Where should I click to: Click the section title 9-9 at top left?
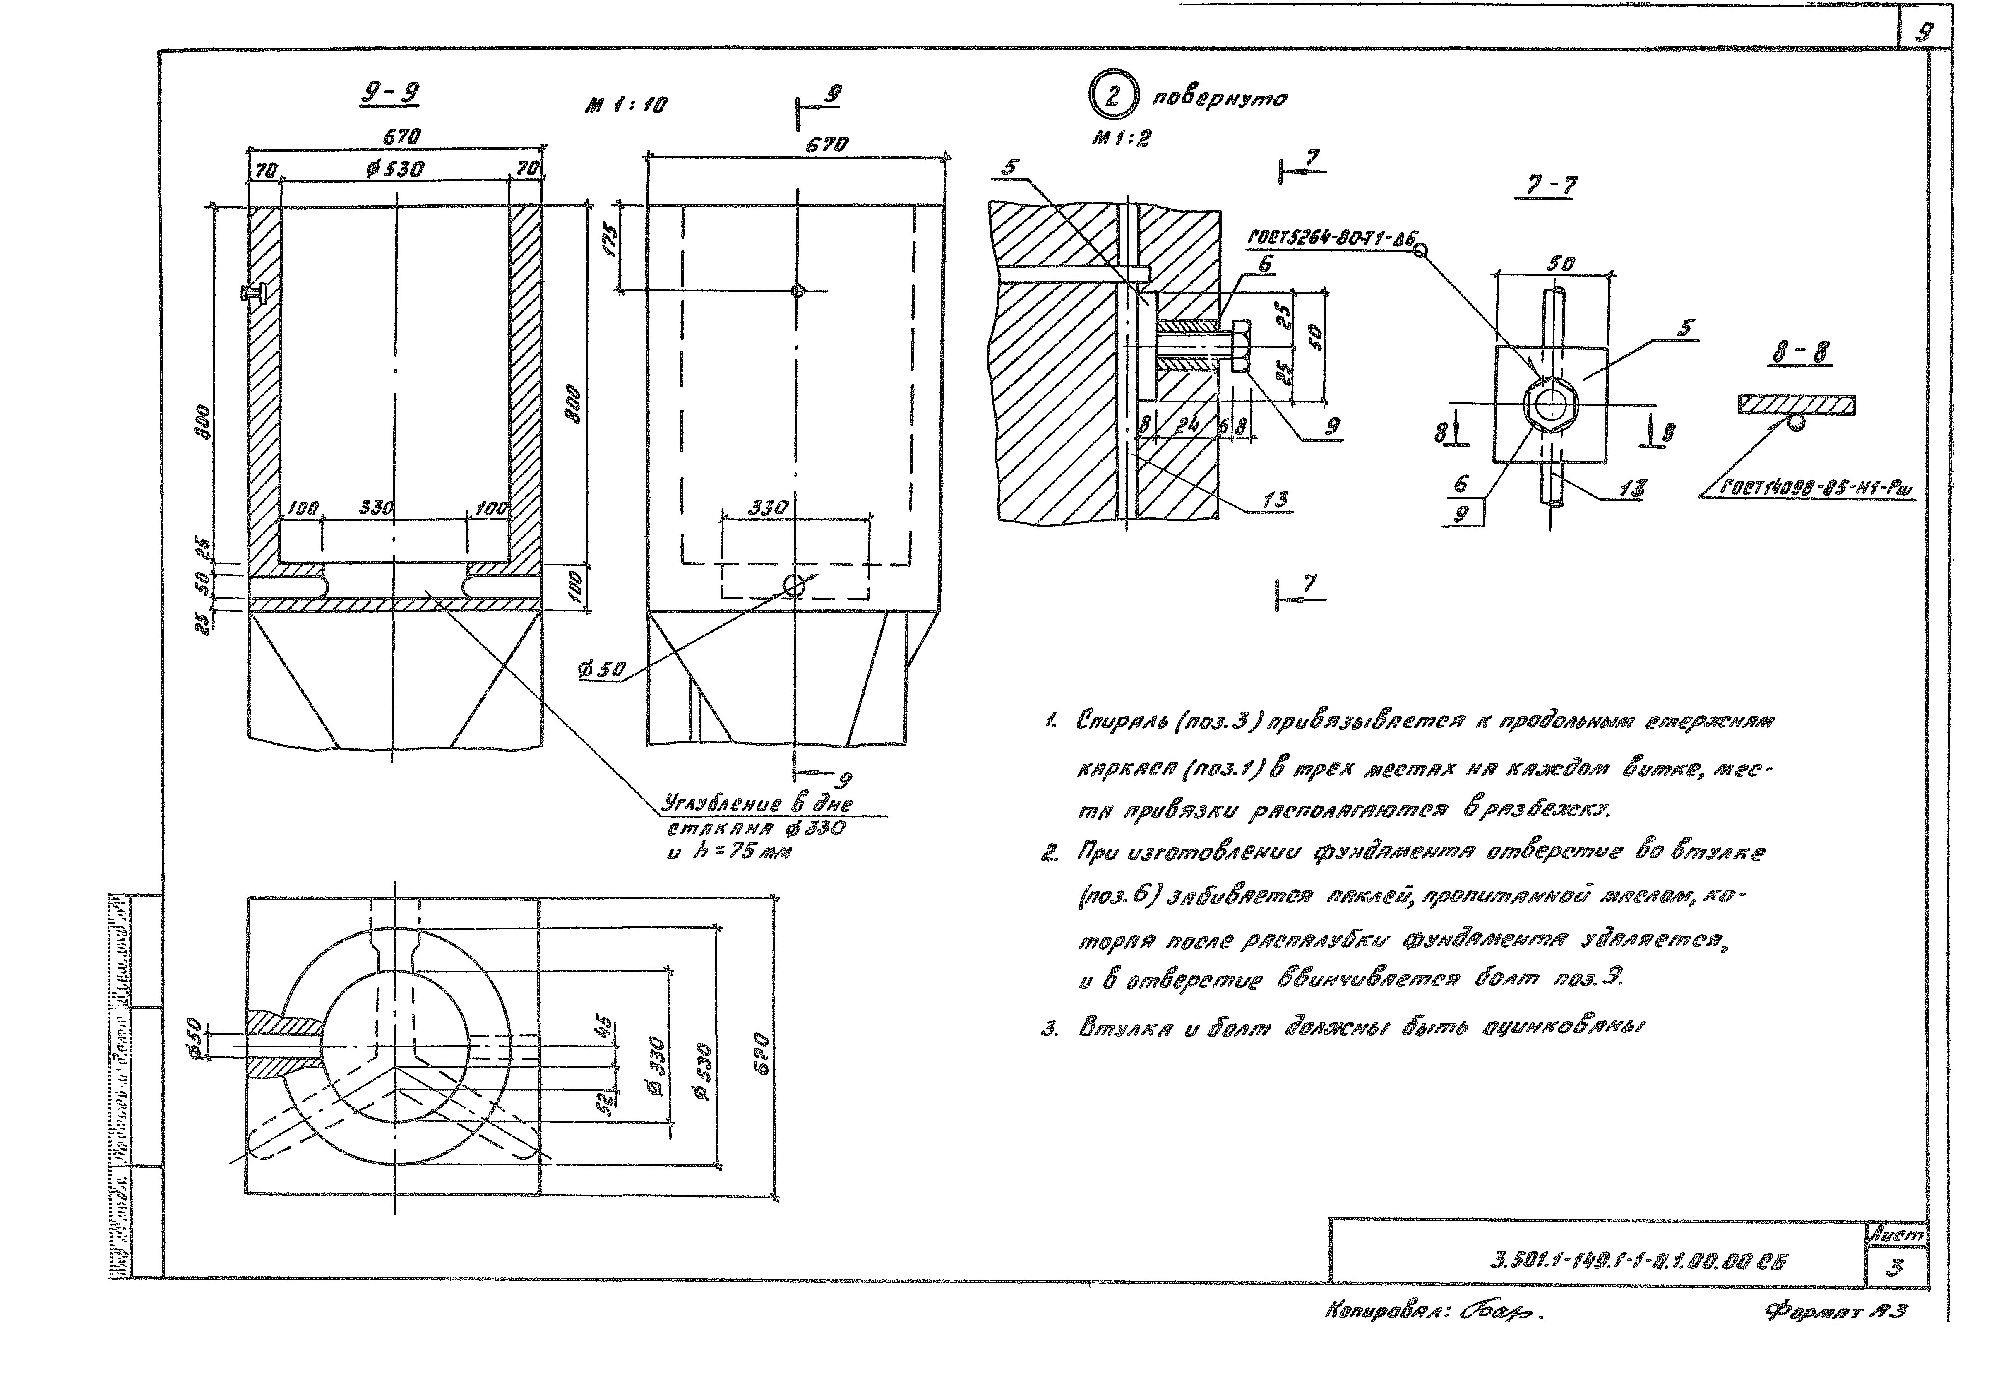389,94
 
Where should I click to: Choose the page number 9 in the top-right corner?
1922,32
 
